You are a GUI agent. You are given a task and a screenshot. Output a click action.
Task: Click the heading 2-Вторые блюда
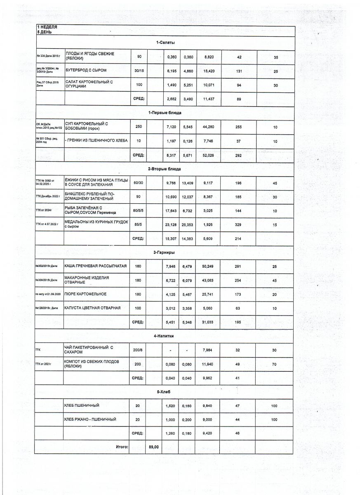(165, 169)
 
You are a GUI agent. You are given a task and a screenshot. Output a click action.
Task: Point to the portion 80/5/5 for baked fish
(138, 210)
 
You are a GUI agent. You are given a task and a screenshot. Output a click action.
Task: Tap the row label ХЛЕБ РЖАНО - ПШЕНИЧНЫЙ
(90, 420)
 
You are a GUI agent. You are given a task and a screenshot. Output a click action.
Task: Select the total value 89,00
(154, 447)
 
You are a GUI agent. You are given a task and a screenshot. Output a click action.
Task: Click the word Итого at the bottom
(122, 447)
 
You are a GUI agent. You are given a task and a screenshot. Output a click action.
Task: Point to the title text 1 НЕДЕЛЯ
(47, 27)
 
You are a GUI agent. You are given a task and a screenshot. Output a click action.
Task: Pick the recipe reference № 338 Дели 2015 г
(48, 56)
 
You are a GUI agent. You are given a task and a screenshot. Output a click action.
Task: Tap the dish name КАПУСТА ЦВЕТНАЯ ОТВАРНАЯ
(92, 308)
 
